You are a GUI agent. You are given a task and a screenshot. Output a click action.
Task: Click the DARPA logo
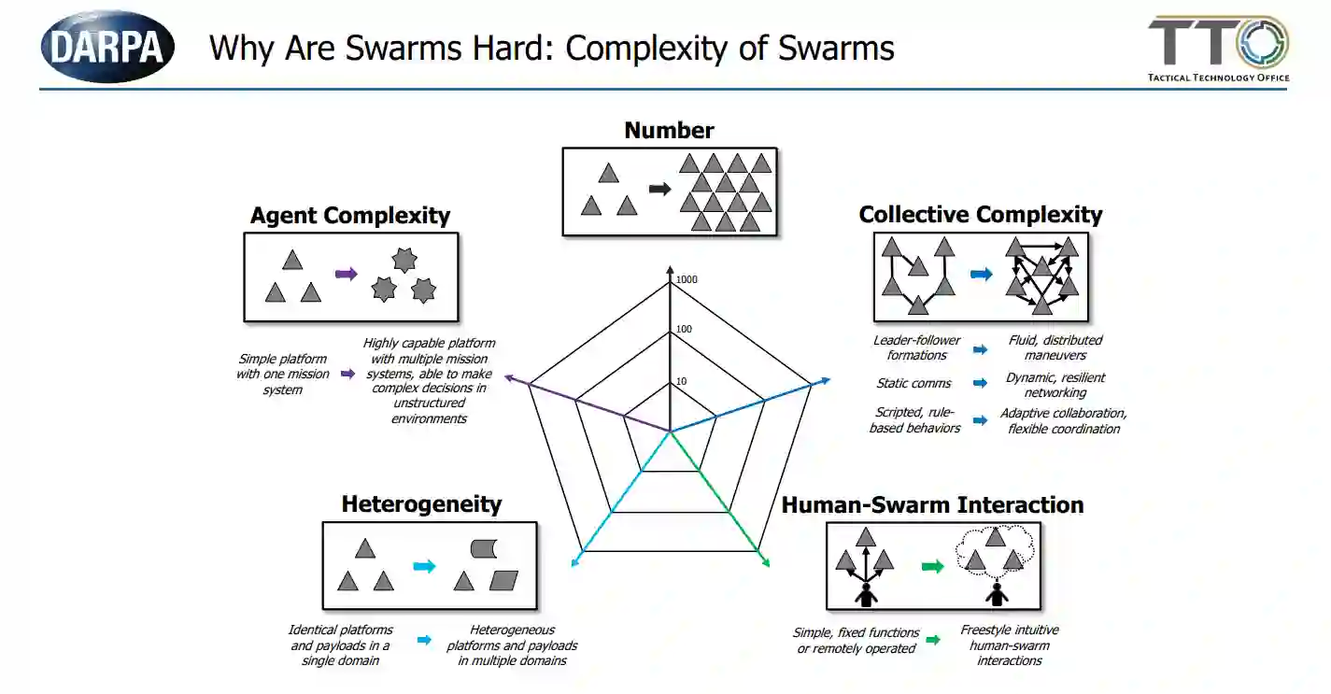[107, 47]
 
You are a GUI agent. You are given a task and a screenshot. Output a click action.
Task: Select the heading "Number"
[669, 131]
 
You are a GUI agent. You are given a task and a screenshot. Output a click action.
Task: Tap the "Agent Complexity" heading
[350, 216]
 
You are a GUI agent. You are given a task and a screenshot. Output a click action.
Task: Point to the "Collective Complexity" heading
[980, 215]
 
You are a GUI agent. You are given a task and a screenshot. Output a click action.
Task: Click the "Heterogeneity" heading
[421, 504]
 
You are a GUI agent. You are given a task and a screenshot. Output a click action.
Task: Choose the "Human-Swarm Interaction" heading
[932, 505]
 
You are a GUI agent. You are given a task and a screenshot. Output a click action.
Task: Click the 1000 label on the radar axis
[687, 279]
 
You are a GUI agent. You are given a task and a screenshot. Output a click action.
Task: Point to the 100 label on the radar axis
[684, 330]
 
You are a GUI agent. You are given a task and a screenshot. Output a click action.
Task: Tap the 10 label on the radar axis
[681, 381]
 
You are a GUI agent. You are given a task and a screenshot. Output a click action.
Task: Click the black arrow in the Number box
[659, 190]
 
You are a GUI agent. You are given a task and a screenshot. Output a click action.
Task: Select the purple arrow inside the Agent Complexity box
[346, 274]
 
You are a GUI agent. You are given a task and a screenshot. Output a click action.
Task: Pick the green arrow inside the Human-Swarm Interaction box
[932, 566]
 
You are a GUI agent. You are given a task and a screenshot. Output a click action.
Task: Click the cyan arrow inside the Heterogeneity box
[424, 566]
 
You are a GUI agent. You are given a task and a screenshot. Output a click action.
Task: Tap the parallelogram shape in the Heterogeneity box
[503, 581]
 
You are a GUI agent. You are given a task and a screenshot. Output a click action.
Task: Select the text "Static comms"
[913, 383]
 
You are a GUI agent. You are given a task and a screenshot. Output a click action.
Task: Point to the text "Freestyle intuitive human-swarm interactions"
[1009, 645]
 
